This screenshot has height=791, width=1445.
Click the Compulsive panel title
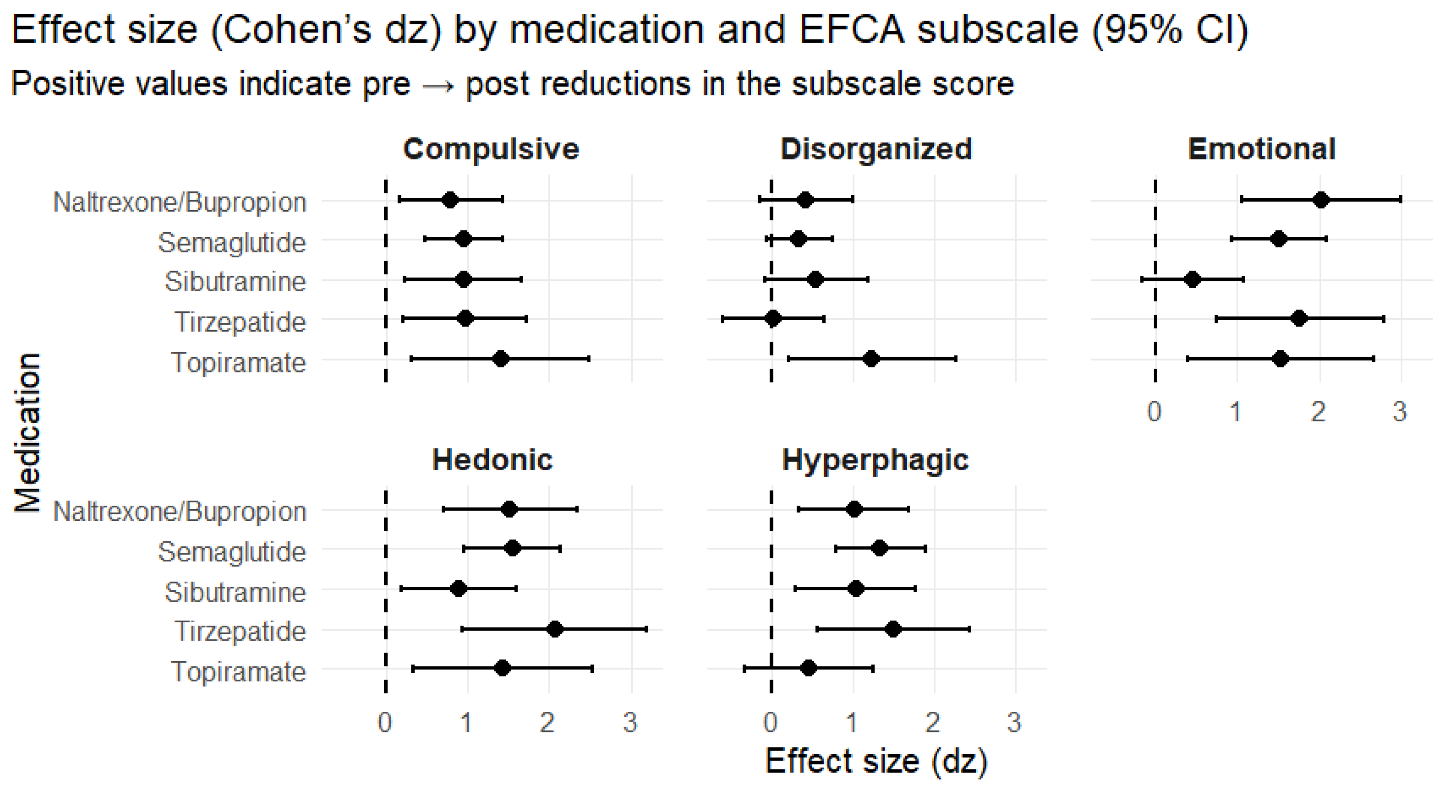(491, 149)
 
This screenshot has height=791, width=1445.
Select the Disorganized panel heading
(876, 149)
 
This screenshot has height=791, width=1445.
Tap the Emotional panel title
(1261, 149)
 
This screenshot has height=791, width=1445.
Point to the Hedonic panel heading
(492, 460)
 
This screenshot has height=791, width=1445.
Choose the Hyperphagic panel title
(875, 461)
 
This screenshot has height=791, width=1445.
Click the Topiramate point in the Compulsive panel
(501, 359)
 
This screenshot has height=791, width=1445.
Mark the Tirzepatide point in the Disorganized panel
(772, 319)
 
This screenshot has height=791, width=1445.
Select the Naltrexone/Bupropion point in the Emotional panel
(1321, 200)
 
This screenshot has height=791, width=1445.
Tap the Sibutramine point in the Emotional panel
(1193, 279)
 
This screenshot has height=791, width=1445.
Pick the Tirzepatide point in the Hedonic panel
(554, 630)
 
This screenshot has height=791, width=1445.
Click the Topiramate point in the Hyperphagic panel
(808, 668)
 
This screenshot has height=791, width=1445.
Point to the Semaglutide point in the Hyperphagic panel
(880, 548)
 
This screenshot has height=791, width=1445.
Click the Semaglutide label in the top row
(232, 243)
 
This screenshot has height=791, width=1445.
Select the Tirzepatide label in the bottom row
(240, 631)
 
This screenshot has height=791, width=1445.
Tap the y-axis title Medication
(27, 432)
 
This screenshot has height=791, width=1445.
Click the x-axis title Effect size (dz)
(876, 762)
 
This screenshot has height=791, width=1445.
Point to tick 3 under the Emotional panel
(1400, 412)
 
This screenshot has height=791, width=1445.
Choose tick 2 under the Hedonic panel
(547, 722)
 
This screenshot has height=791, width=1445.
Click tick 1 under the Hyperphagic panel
(852, 722)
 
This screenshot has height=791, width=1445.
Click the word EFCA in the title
(852, 29)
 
